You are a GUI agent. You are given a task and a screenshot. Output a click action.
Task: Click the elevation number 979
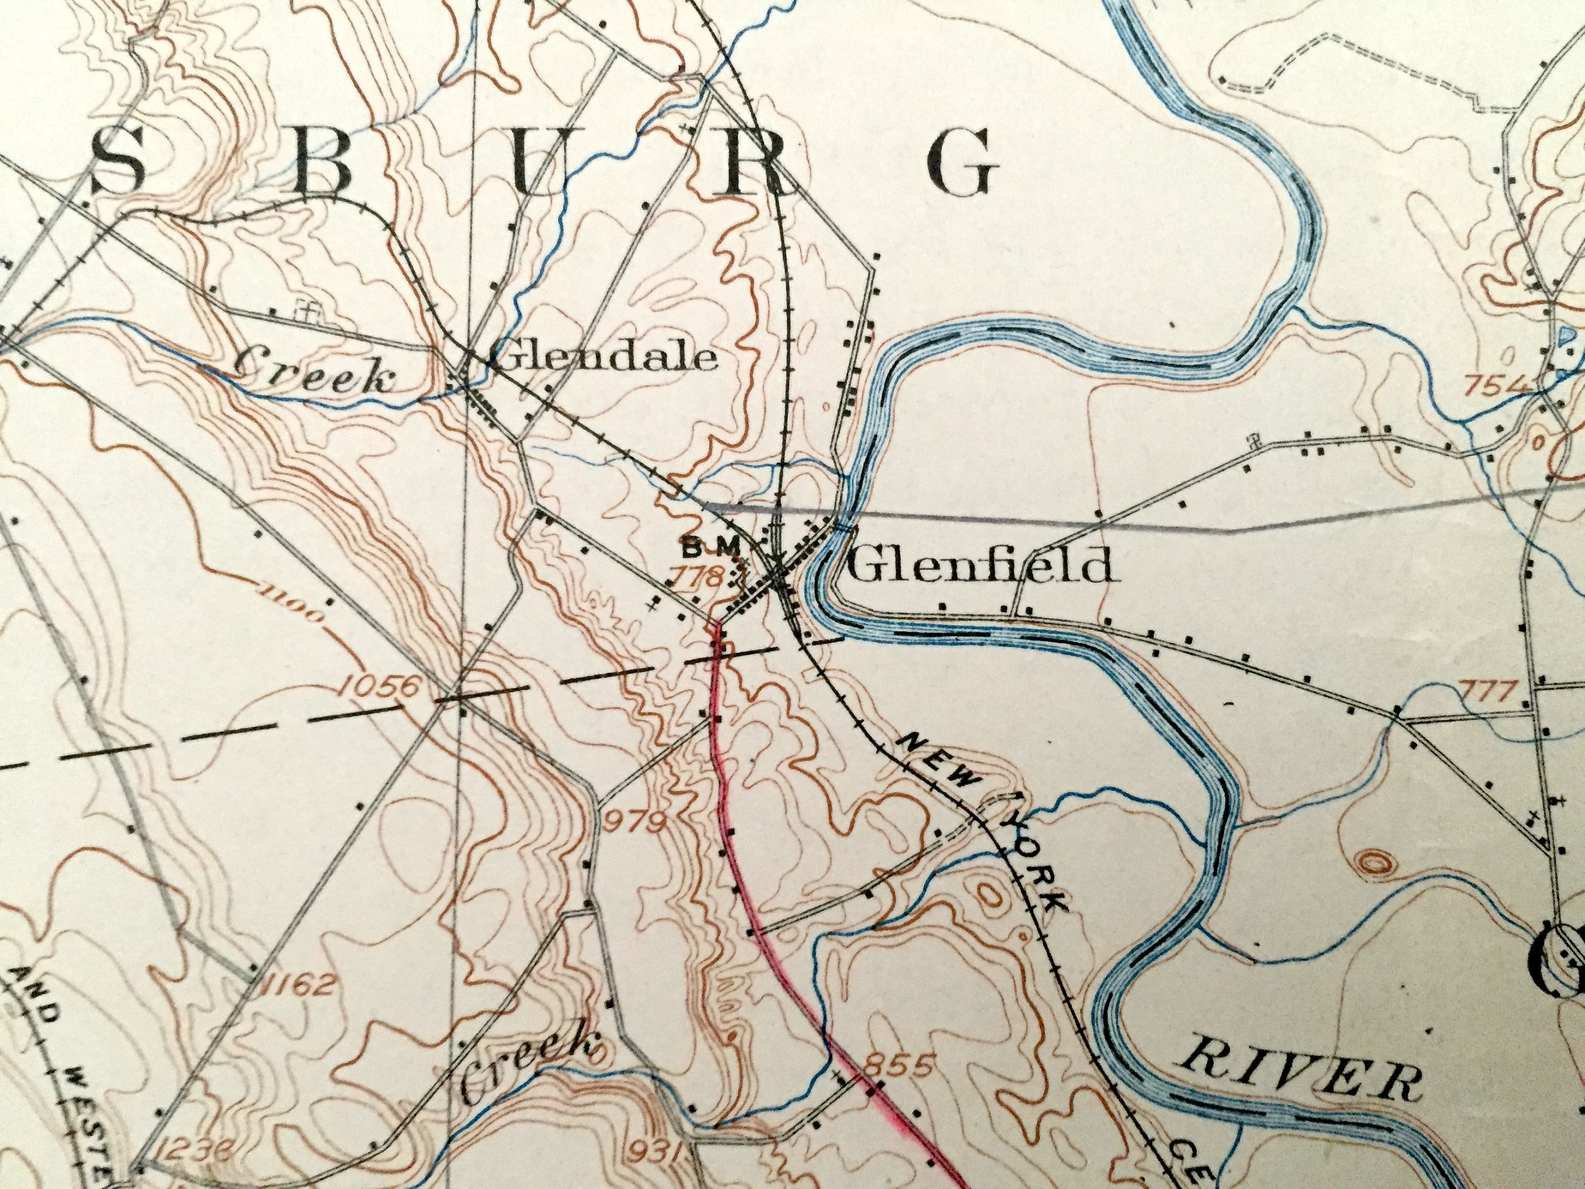coord(635,822)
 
